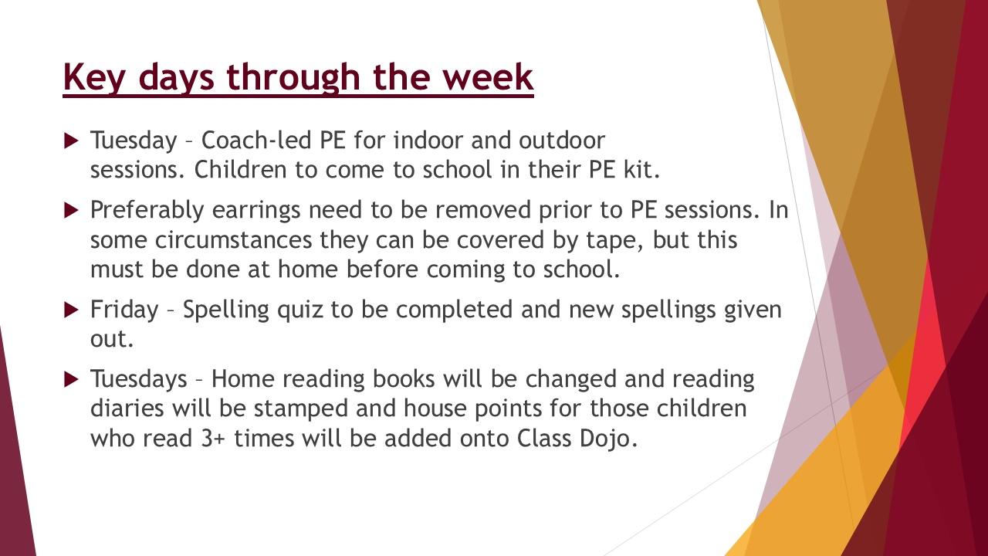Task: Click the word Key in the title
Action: click(94, 78)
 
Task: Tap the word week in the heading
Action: click(489, 76)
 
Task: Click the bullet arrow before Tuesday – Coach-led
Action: click(71, 141)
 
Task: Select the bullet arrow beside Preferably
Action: click(71, 210)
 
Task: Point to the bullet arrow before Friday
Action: click(71, 310)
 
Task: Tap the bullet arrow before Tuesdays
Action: click(71, 379)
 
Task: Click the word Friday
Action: click(124, 310)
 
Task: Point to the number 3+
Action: click(214, 439)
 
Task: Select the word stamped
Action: click(301, 409)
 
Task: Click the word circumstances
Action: click(233, 240)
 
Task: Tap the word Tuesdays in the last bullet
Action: click(139, 379)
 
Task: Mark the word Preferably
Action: click(147, 210)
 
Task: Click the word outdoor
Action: click(561, 141)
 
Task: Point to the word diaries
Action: click(127, 409)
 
